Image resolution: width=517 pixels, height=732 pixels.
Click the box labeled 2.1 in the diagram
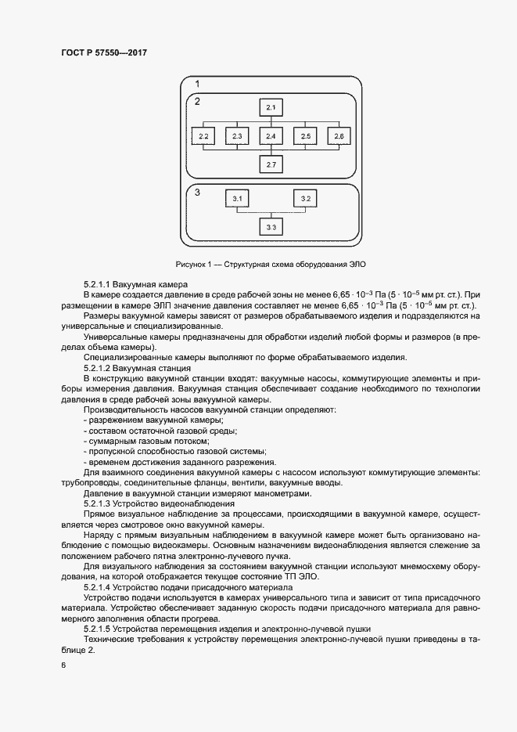click(271, 106)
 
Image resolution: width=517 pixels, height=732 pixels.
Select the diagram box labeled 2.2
click(203, 136)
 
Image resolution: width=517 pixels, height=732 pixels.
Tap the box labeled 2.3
click(237, 136)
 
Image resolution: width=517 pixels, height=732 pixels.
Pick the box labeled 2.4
click(271, 136)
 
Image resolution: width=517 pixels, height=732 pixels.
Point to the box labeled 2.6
click(338, 136)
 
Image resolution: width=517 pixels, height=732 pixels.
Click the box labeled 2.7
click(271, 165)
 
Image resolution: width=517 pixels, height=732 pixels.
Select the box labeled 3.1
click(238, 199)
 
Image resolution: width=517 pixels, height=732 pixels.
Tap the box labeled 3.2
click(306, 199)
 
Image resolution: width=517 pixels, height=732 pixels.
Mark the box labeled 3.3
click(271, 227)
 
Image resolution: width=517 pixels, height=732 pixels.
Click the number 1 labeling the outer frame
click(198, 84)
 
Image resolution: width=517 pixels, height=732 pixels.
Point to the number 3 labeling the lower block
click(198, 192)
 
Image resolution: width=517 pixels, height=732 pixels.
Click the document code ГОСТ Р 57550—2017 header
click(104, 52)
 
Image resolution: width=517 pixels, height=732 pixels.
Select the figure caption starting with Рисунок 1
click(271, 264)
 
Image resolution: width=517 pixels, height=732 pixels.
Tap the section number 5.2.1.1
click(97, 283)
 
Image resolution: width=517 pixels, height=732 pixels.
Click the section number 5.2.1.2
click(97, 367)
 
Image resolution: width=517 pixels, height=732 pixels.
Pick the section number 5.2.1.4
click(97, 586)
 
